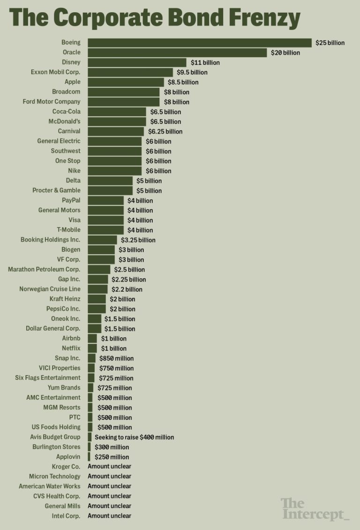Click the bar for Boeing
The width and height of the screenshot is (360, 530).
pyautogui.click(x=199, y=43)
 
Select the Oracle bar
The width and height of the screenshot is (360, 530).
pyautogui.click(x=177, y=53)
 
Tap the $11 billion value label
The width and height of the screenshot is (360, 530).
pyautogui.click(x=205, y=62)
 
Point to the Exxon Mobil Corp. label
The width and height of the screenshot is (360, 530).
pyautogui.click(x=55, y=72)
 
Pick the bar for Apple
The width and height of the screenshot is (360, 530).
pyautogui.click(x=126, y=82)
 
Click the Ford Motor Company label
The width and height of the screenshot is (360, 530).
pyautogui.click(x=52, y=102)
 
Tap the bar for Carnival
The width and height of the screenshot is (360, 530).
pyautogui.click(x=116, y=131)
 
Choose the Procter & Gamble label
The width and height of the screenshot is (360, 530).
pyautogui.click(x=56, y=190)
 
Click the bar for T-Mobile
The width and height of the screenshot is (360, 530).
pyautogui.click(x=105, y=230)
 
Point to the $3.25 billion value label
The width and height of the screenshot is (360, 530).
pyautogui.click(x=138, y=240)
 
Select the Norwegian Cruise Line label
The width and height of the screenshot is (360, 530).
pyautogui.click(x=50, y=289)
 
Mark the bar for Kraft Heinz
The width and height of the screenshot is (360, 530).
pyautogui.click(x=97, y=299)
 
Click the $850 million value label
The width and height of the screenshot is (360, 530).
pyautogui.click(x=117, y=358)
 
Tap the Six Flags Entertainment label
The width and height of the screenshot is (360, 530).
pyautogui.click(x=48, y=378)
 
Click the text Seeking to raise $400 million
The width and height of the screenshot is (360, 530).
pyautogui.click(x=134, y=437)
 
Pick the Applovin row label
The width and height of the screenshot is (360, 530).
pyautogui.click(x=68, y=456)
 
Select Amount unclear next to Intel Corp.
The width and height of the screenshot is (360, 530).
pyautogui.click(x=109, y=515)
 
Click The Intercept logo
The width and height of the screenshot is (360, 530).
pyautogui.click(x=315, y=509)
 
